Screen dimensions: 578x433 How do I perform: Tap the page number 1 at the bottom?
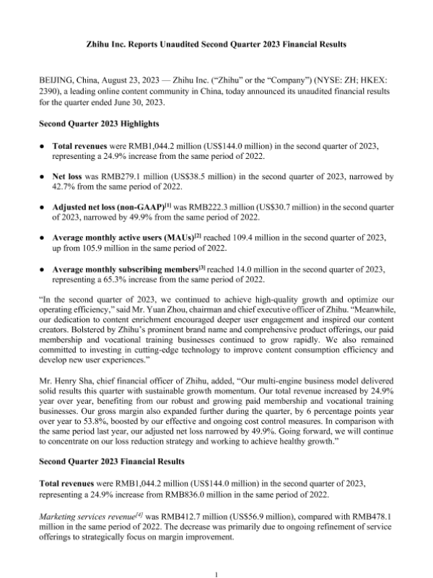tap(216, 572)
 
